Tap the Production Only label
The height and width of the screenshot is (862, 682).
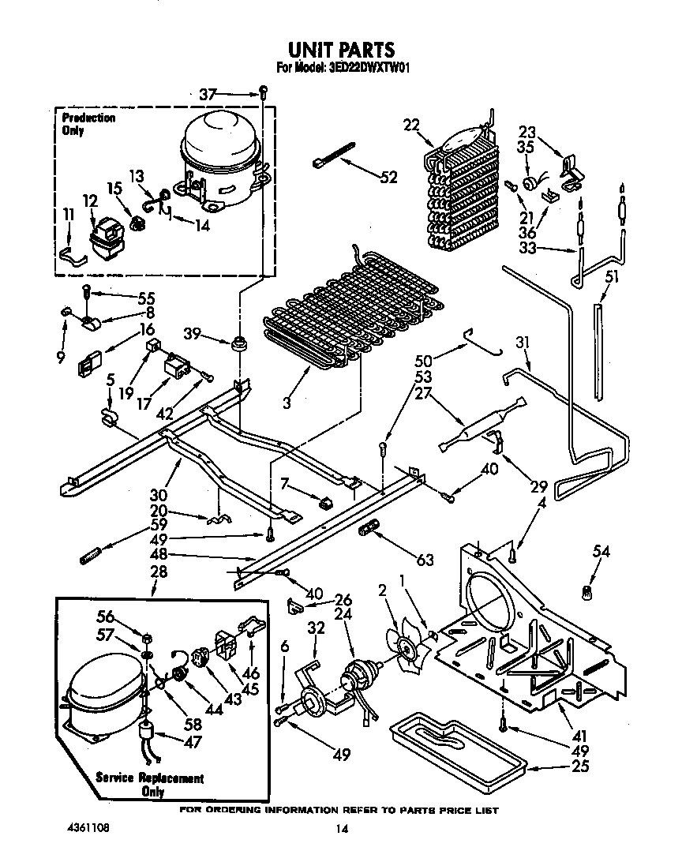point(88,124)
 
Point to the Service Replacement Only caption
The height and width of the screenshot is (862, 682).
point(150,784)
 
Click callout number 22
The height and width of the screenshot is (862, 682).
point(411,124)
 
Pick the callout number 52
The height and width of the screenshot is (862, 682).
point(388,178)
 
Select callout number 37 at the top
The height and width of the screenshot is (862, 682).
point(208,95)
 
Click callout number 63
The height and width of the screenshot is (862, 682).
point(425,560)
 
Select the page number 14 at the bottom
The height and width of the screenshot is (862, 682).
point(341,828)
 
